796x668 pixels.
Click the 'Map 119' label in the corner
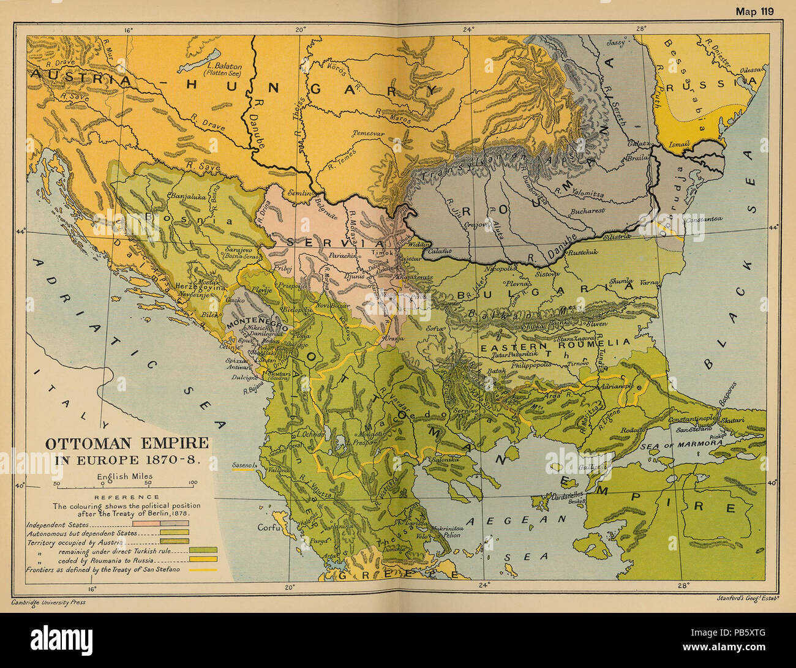pyautogui.click(x=754, y=11)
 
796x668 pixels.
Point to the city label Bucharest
pyautogui.click(x=586, y=211)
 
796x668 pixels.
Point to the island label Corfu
pyautogui.click(x=269, y=527)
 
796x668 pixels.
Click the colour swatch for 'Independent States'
pyautogui.click(x=175, y=525)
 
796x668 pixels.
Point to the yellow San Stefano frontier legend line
pyautogui.click(x=206, y=569)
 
